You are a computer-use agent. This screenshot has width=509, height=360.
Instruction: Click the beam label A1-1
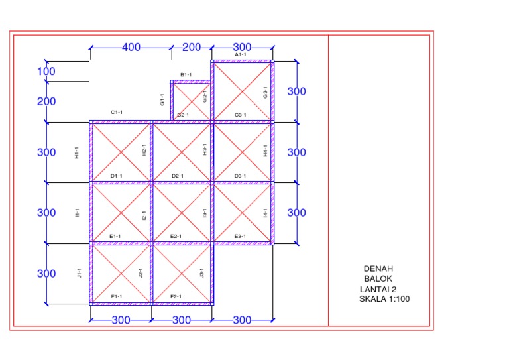click(240, 55)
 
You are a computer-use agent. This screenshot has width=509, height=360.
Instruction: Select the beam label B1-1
click(186, 75)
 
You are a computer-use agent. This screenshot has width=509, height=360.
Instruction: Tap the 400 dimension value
click(131, 47)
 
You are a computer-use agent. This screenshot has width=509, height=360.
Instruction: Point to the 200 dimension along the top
click(192, 47)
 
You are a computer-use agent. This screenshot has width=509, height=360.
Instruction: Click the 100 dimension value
click(46, 72)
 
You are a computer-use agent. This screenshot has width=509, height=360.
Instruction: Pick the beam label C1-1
click(117, 112)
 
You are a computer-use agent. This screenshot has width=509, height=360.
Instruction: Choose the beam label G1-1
click(162, 99)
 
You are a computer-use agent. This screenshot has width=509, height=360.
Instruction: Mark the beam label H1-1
click(77, 152)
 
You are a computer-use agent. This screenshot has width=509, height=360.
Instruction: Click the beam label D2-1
click(178, 176)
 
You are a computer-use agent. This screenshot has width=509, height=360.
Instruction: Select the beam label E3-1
click(240, 236)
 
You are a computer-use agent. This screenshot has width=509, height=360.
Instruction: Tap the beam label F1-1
click(117, 297)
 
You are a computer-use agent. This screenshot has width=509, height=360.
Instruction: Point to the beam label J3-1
click(201, 273)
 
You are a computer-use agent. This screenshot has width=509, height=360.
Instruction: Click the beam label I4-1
click(265, 213)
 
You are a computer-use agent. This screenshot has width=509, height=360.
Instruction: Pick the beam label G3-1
click(265, 93)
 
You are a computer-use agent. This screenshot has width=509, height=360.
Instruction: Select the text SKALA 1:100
click(384, 299)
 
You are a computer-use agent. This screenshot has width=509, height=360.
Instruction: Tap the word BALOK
click(378, 279)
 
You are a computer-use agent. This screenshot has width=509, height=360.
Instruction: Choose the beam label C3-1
click(240, 115)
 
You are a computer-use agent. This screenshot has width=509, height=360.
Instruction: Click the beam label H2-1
click(144, 150)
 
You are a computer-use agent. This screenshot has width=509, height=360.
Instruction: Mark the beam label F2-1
click(176, 297)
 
